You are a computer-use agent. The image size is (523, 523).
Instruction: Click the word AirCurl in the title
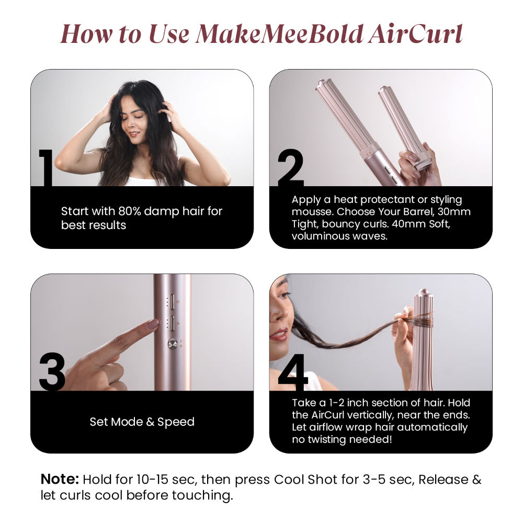pos(415,34)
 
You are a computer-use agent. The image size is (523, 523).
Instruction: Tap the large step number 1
pos(46,168)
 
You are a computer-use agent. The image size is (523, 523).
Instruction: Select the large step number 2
pos(290,168)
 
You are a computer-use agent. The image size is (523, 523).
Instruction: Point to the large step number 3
pos(52,372)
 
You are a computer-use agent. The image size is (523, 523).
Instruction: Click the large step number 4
pos(293,372)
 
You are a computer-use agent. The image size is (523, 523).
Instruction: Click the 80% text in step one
pos(129,211)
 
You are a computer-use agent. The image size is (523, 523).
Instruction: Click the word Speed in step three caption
pos(176,422)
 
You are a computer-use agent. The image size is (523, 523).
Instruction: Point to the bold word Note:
pos(60,479)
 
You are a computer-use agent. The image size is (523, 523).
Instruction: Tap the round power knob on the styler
pos(173,344)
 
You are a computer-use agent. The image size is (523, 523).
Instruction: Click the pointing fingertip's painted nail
pos(153,324)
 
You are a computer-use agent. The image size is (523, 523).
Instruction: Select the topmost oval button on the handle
pos(173,302)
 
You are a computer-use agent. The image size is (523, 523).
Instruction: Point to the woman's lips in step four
pos(279,335)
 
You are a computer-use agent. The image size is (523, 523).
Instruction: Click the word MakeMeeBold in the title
pos(279,34)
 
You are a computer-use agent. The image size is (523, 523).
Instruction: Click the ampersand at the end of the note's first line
pos(477,479)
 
